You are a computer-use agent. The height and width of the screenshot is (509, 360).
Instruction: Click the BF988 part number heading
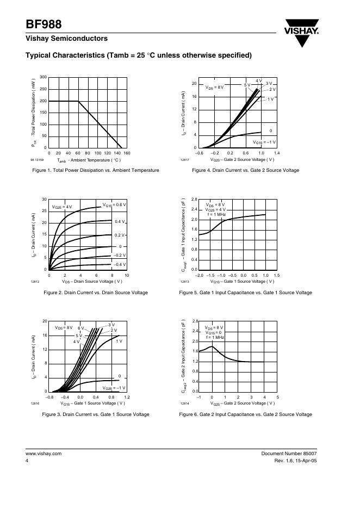click(x=44, y=24)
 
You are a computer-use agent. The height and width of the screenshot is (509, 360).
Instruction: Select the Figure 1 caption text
click(x=96, y=170)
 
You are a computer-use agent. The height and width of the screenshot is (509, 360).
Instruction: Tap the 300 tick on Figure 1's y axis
click(x=44, y=77)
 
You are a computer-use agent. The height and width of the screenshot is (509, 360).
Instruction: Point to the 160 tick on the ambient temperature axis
click(x=127, y=153)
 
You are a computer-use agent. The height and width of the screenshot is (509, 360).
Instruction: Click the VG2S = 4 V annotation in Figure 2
click(x=62, y=207)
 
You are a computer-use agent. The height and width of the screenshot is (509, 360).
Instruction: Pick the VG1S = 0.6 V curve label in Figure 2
click(x=114, y=204)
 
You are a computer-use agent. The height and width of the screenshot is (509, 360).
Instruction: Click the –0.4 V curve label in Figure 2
click(x=120, y=264)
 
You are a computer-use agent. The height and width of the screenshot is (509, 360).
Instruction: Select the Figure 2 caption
click(x=95, y=293)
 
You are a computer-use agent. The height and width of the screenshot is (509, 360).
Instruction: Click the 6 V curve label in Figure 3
click(x=80, y=328)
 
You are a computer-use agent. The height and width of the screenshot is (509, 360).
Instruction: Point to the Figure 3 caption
click(x=95, y=414)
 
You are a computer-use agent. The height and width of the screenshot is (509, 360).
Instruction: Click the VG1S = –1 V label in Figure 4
click(x=266, y=142)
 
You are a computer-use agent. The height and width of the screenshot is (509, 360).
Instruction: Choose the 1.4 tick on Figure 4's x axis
click(x=277, y=153)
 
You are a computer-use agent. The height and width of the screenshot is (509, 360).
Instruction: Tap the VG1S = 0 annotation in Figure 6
click(x=214, y=333)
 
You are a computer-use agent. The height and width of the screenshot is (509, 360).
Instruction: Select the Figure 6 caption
click(x=245, y=414)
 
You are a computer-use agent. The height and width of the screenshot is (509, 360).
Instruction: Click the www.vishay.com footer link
click(x=44, y=454)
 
